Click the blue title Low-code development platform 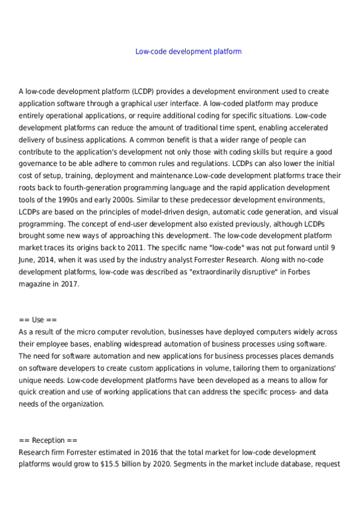tap(188, 52)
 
